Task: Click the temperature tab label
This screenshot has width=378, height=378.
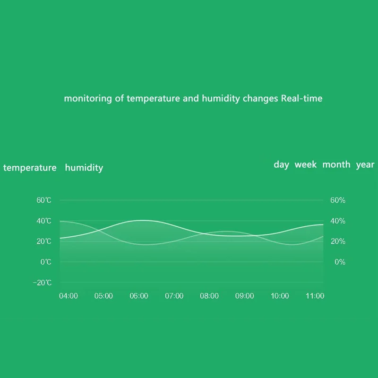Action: coord(30,168)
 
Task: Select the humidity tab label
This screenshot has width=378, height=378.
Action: coord(84,168)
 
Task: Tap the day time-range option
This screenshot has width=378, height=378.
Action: coord(281,164)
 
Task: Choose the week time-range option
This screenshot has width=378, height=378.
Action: coord(306,164)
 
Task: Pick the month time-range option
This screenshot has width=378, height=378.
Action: coord(336,164)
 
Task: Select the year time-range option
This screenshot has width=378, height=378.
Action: coord(365,164)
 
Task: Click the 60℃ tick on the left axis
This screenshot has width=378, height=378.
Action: coord(44,200)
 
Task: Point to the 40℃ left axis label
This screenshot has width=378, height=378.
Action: coord(44,221)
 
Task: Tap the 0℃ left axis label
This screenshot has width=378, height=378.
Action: coord(46,262)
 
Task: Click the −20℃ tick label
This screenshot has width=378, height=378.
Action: coord(43,283)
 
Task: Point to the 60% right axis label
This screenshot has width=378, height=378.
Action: coord(337,200)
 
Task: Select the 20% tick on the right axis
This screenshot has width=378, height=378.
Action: coord(337,241)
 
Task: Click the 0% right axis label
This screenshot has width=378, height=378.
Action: coord(340,262)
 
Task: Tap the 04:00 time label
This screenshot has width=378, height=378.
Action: coord(69,296)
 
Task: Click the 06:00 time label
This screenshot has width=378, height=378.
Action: coord(139,296)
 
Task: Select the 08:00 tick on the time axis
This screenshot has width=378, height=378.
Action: coord(209,296)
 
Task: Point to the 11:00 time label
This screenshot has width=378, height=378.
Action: coord(315,296)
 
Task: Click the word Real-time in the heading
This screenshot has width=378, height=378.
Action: coord(301,99)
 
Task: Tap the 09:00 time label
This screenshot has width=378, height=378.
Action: coord(244,296)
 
